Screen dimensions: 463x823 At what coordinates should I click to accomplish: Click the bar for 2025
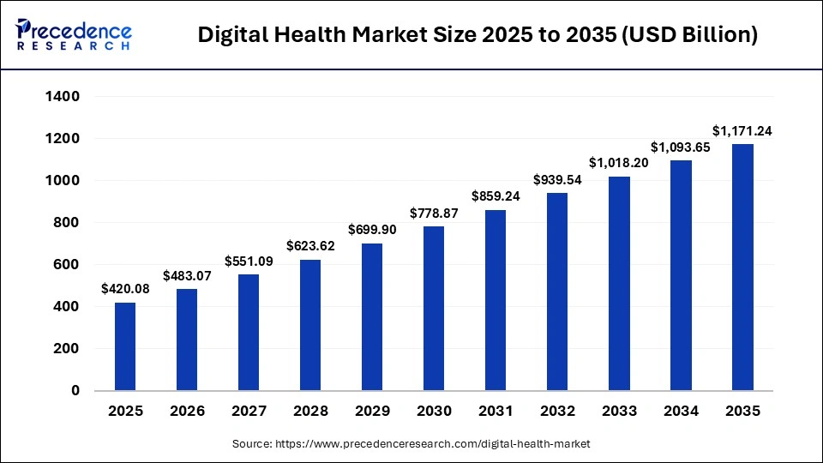125,346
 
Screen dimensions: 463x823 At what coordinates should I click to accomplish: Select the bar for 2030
434,309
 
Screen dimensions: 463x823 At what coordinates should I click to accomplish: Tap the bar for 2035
742,268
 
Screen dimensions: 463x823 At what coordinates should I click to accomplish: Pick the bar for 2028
310,325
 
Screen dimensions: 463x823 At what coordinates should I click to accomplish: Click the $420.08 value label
125,289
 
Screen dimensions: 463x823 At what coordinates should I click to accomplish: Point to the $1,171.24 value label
742,131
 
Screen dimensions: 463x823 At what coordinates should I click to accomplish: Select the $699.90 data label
372,231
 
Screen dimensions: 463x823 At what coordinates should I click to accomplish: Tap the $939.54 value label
557,180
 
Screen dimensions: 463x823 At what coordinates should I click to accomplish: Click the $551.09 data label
249,262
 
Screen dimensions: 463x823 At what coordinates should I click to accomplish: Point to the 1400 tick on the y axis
63,97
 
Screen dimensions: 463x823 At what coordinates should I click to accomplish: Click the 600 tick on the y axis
68,265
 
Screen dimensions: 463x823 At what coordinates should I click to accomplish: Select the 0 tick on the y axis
75,391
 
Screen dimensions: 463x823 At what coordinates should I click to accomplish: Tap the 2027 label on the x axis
249,412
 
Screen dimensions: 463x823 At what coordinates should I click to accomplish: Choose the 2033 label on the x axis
619,412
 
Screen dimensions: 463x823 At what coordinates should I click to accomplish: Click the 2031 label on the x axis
496,412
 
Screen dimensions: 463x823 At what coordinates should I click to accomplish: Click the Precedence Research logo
74,34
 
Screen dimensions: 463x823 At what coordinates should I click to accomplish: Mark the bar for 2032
557,292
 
